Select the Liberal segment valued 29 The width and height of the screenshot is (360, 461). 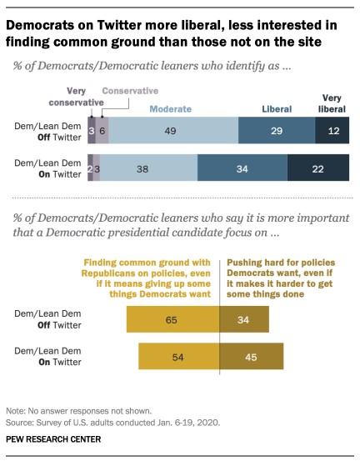[x=277, y=131]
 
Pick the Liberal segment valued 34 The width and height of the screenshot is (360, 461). [x=242, y=168]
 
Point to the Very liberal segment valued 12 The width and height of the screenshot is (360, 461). [x=333, y=131]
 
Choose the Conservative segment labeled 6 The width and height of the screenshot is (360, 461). [x=102, y=131]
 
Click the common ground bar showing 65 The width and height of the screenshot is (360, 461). [x=172, y=318]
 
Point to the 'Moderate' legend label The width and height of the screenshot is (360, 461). [x=172, y=108]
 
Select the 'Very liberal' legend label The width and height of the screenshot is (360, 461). [x=333, y=103]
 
